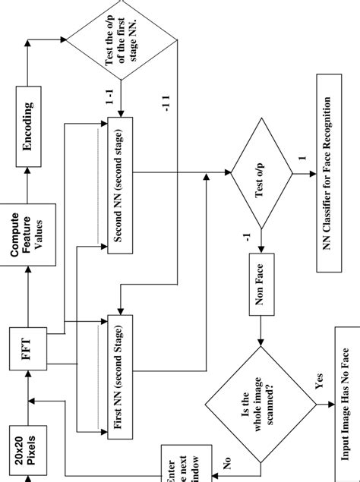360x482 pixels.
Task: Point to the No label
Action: pyautogui.click(x=226, y=460)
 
